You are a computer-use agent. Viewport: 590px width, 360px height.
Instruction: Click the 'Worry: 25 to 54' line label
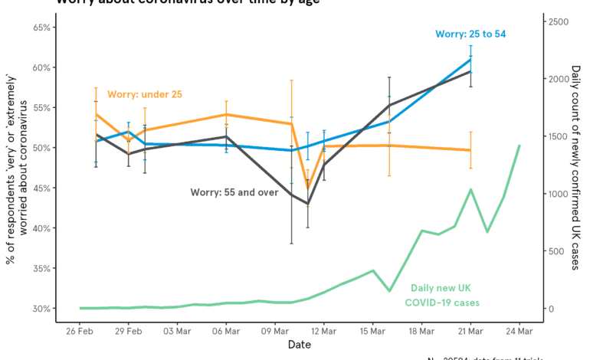pos(470,34)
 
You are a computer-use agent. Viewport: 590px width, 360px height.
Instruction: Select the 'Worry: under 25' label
pos(145,94)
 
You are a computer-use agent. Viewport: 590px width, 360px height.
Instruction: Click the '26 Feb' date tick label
pos(80,331)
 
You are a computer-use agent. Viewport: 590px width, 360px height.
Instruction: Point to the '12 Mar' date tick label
pos(323,331)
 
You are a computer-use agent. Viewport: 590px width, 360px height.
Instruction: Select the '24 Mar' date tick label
pos(519,331)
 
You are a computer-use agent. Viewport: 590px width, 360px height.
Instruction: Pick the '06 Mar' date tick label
pos(226,331)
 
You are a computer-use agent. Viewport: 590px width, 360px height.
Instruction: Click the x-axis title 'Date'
pos(299,345)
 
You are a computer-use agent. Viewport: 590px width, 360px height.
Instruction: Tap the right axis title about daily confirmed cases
pos(576,168)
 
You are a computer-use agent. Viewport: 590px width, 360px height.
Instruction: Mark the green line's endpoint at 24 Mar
pos(520,146)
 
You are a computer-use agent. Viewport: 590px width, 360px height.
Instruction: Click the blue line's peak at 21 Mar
pos(470,59)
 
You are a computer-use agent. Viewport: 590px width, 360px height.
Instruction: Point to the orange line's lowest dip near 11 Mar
pos(308,188)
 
